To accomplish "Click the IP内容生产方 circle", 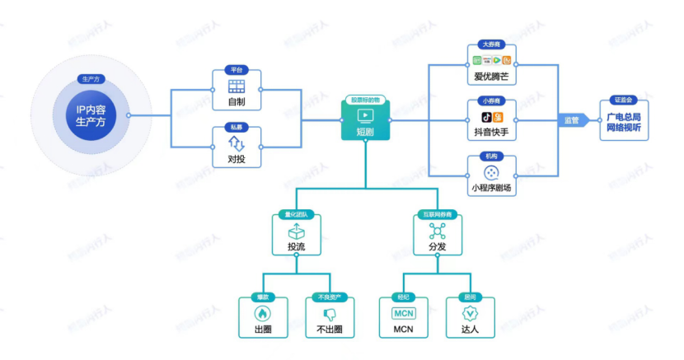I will (91, 115).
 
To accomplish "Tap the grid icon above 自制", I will (237, 86).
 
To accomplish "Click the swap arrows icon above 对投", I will (237, 143).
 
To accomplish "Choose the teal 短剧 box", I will (364, 120).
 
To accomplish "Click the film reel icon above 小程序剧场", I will (491, 173).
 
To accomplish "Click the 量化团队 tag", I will (295, 215).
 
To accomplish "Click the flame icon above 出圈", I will (263, 314).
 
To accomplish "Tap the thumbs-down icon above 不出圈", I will (329, 314).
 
